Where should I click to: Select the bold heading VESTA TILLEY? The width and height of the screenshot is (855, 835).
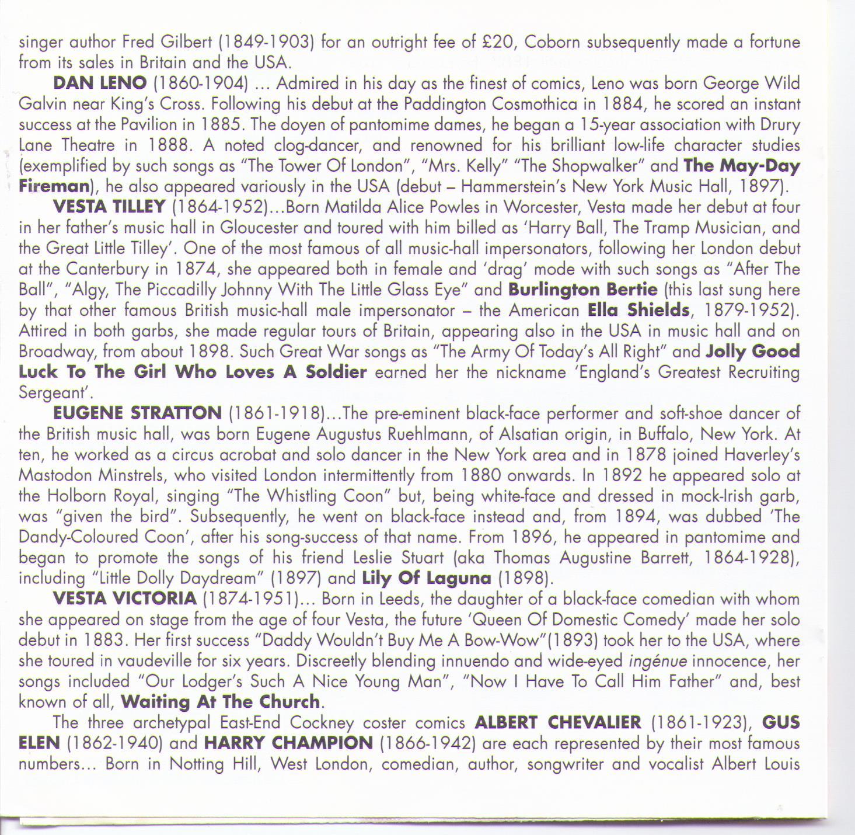tap(109, 207)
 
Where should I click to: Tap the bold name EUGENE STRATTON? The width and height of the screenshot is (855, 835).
tap(137, 413)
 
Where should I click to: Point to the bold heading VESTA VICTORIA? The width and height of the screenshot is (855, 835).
tap(124, 599)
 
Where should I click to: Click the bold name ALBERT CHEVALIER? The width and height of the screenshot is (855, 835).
tap(557, 723)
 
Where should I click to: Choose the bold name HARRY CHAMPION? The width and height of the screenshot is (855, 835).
tap(288, 743)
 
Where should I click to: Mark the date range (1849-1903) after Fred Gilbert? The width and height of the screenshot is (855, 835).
tap(267, 43)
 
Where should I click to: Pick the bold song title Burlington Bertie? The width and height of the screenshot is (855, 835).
tap(582, 290)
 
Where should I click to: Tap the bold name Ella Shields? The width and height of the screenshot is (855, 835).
tap(638, 310)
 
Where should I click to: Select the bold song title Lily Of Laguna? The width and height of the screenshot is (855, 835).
tap(427, 578)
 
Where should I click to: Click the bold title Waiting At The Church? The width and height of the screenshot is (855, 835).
tap(221, 702)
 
